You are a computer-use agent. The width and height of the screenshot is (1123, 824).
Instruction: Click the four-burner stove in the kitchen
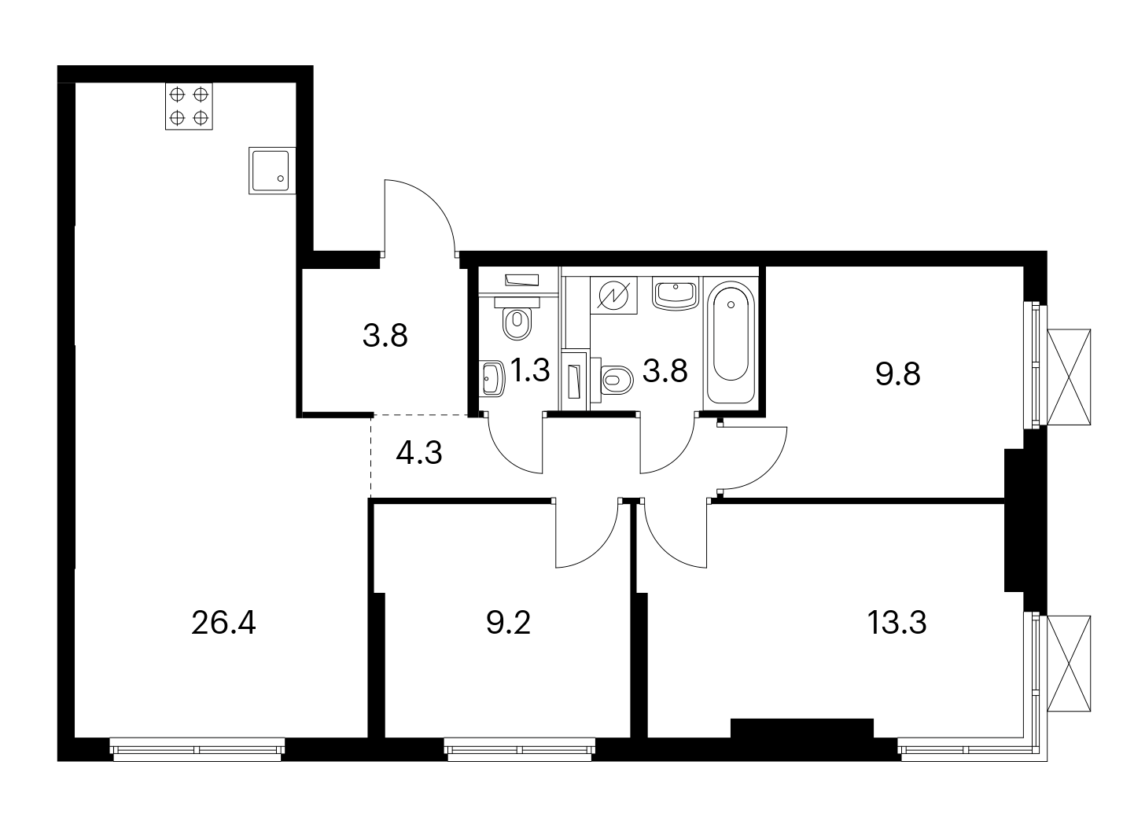(x=189, y=106)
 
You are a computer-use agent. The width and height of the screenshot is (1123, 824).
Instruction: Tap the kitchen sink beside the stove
(x=272, y=171)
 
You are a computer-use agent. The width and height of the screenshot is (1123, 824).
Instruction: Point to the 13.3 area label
(x=897, y=623)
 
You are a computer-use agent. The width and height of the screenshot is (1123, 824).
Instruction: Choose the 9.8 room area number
(x=898, y=375)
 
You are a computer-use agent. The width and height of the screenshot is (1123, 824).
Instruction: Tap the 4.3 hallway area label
(x=419, y=453)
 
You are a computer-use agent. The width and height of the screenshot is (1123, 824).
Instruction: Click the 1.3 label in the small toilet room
(x=530, y=370)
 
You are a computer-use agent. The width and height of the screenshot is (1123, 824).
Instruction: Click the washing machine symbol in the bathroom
(x=613, y=295)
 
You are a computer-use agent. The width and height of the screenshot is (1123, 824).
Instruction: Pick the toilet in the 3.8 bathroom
(x=613, y=380)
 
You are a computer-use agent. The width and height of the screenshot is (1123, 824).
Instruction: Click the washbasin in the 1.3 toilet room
(x=492, y=378)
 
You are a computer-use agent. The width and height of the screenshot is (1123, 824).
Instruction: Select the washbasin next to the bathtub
(x=676, y=293)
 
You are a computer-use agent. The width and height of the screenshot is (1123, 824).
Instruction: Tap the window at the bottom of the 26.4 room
(x=197, y=750)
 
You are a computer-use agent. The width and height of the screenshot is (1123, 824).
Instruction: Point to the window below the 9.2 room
(x=520, y=750)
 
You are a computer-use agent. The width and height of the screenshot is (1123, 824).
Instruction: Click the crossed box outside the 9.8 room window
(x=1070, y=377)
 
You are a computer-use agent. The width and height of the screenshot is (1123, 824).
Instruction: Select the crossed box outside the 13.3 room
(x=1070, y=664)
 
